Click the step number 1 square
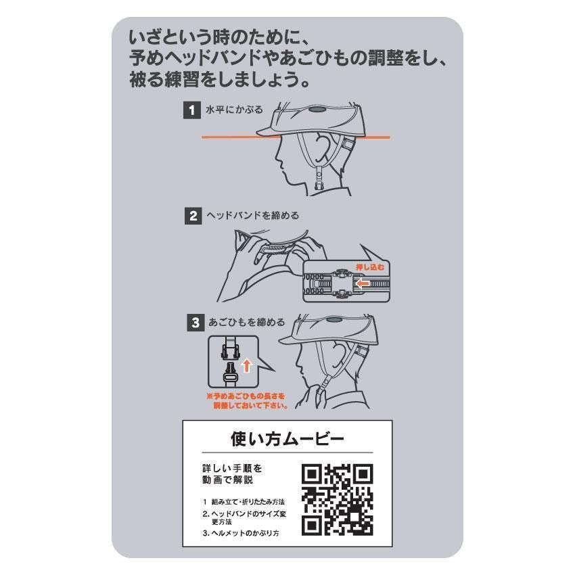tap(192, 110)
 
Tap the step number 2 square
tap(193, 216)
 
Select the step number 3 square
tap(195, 323)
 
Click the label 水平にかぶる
tap(234, 110)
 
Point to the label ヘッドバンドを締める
tap(253, 216)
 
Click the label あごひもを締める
tap(247, 322)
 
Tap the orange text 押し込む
tap(370, 267)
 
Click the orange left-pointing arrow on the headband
tap(362, 283)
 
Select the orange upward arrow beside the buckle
tap(247, 365)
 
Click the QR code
tap(338, 500)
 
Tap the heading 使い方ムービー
tap(287, 439)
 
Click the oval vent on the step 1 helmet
tap(317, 110)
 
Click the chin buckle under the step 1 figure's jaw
tap(319, 179)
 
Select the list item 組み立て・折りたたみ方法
tap(248, 502)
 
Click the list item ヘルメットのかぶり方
tap(245, 533)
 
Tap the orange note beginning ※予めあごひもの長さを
tap(247, 401)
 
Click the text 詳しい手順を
tap(233, 468)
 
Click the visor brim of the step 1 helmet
tap(268, 131)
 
